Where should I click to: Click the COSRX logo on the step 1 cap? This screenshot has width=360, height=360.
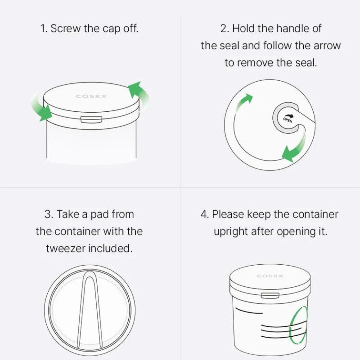coord(91,96)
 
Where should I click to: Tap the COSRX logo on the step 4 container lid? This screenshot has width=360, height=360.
coord(270,276)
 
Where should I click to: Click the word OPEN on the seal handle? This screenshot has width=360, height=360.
coord(288,120)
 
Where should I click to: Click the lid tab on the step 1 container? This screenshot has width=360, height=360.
coord(91,119)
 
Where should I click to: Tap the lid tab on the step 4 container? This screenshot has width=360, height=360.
coord(270,295)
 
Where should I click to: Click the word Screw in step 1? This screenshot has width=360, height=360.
coord(66,28)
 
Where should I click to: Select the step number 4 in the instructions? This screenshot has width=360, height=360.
coord(204,214)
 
